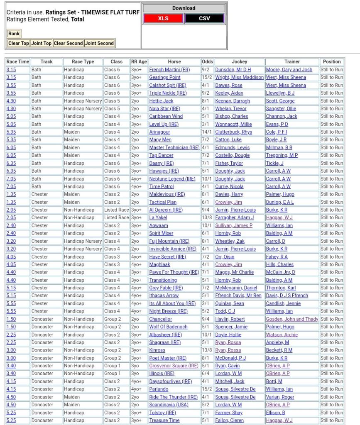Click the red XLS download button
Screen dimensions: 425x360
(x=163, y=19)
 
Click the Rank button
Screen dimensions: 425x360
(x=14, y=34)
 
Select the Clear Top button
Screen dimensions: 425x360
(x=19, y=43)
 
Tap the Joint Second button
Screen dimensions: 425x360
(x=99, y=43)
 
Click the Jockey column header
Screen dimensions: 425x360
(x=239, y=62)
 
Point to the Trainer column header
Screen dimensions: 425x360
(x=292, y=62)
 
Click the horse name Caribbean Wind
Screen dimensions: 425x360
(x=166, y=117)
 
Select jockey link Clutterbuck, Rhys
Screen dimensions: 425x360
(x=233, y=132)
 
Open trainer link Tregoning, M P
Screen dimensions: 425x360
(x=282, y=155)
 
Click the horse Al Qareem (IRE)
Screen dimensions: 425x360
(x=166, y=210)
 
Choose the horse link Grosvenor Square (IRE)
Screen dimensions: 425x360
(x=174, y=366)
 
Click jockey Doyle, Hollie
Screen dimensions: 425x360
(x=228, y=335)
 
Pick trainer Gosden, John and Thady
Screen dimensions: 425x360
(x=292, y=319)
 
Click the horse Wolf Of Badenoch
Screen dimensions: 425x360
(x=168, y=327)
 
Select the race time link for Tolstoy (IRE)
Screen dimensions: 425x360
(x=11, y=413)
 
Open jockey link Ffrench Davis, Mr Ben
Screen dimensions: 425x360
(x=238, y=296)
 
